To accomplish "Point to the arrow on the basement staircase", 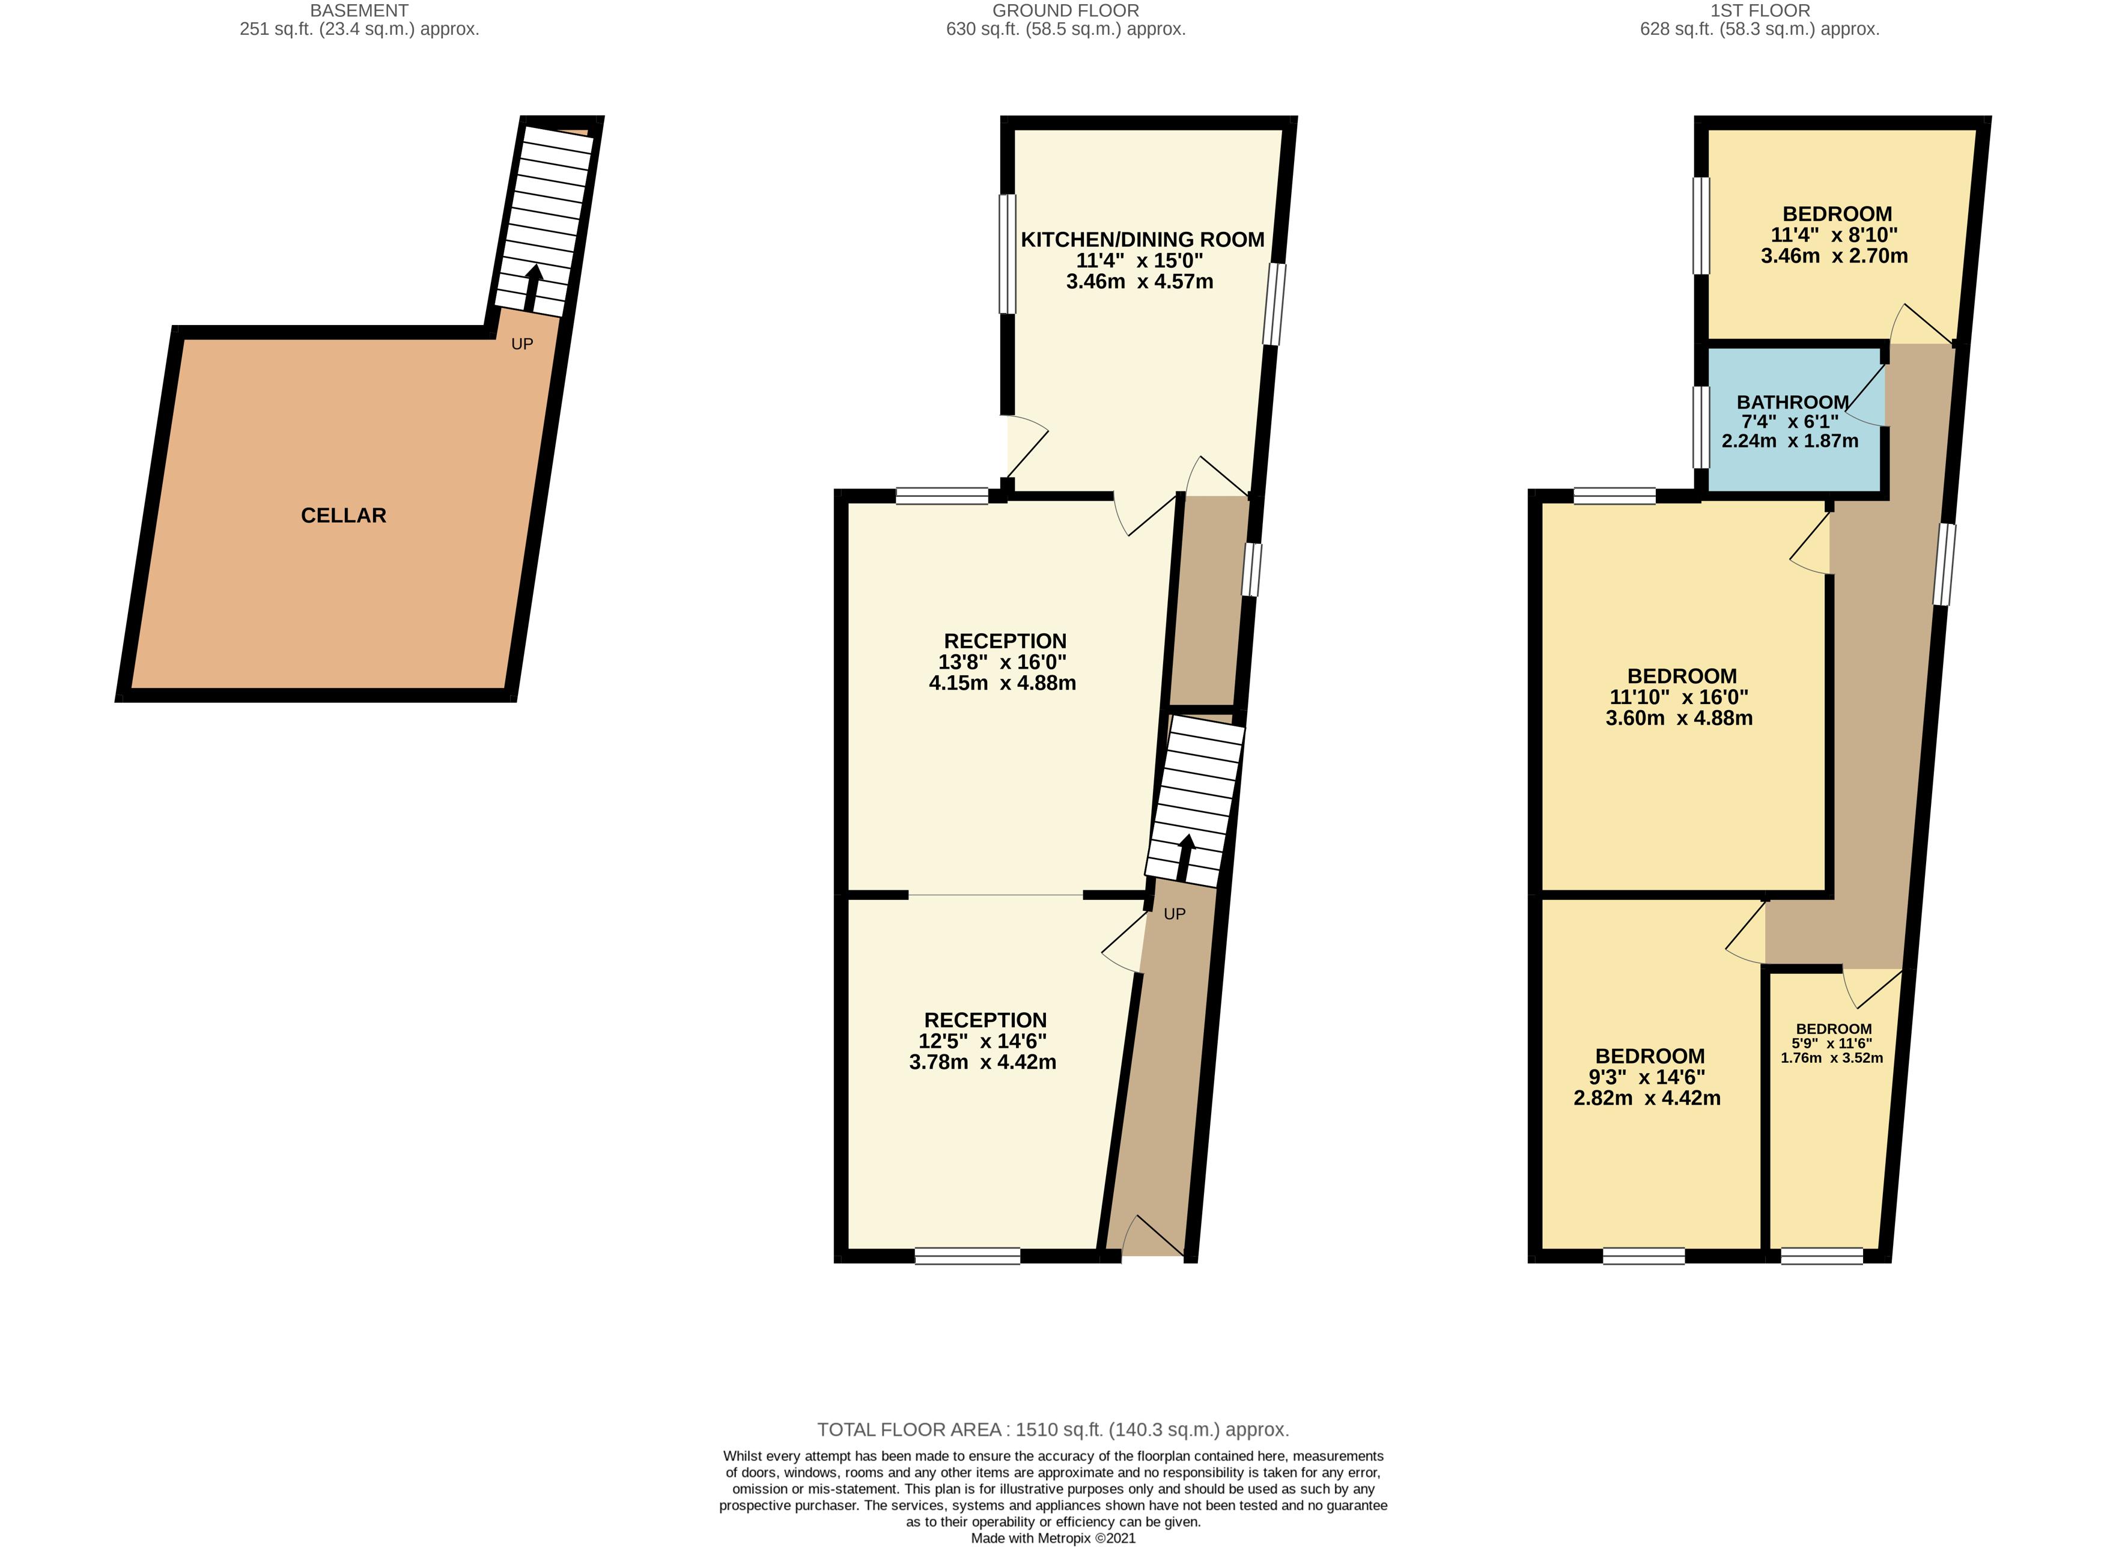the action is [531, 288].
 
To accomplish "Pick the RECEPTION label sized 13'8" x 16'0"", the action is [1005, 642].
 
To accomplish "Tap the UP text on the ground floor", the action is [1175, 914].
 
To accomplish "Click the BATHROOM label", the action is [1792, 402].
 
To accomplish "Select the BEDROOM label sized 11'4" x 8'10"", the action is [1837, 213].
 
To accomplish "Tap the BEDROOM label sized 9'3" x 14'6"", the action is [1650, 1056].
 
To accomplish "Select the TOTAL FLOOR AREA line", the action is [1053, 1430].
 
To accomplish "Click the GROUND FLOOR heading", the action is [1066, 10].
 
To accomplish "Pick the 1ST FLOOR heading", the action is [1760, 10].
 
